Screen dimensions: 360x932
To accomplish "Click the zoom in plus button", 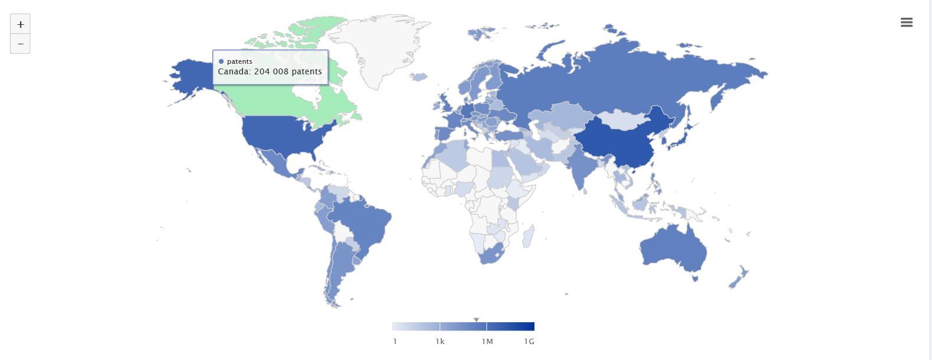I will tap(20, 24).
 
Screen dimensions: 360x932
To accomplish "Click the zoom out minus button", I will tap(20, 44).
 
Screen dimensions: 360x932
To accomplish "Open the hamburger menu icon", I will tap(907, 22).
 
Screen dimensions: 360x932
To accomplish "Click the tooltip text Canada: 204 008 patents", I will tap(270, 71).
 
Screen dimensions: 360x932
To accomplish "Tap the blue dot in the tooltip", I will tap(221, 61).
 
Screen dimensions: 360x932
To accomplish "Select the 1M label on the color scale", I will tap(487, 341).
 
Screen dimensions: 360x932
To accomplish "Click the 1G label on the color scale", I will tap(529, 341).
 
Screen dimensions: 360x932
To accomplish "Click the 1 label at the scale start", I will tap(395, 341).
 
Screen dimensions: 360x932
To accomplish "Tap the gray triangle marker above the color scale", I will tap(476, 320).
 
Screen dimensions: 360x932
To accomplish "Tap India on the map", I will tap(581, 168).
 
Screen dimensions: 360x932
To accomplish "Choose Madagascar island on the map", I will tap(529, 236).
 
